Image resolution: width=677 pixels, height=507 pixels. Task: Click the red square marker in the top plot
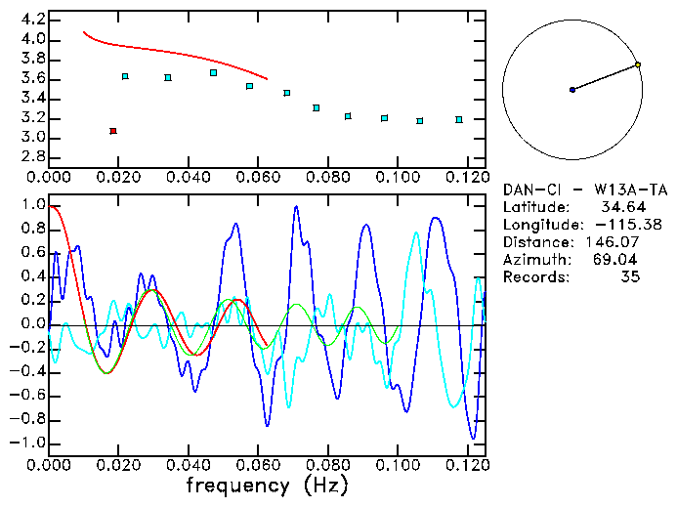(113, 131)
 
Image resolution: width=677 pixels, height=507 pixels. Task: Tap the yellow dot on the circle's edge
(638, 64)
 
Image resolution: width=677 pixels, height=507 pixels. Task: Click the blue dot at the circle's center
(572, 90)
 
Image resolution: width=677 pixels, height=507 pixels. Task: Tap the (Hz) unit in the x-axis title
(324, 485)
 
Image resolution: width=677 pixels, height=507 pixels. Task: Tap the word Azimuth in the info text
(534, 260)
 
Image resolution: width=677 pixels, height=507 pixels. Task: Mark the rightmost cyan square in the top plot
(459, 120)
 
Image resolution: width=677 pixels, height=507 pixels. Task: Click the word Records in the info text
(534, 277)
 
